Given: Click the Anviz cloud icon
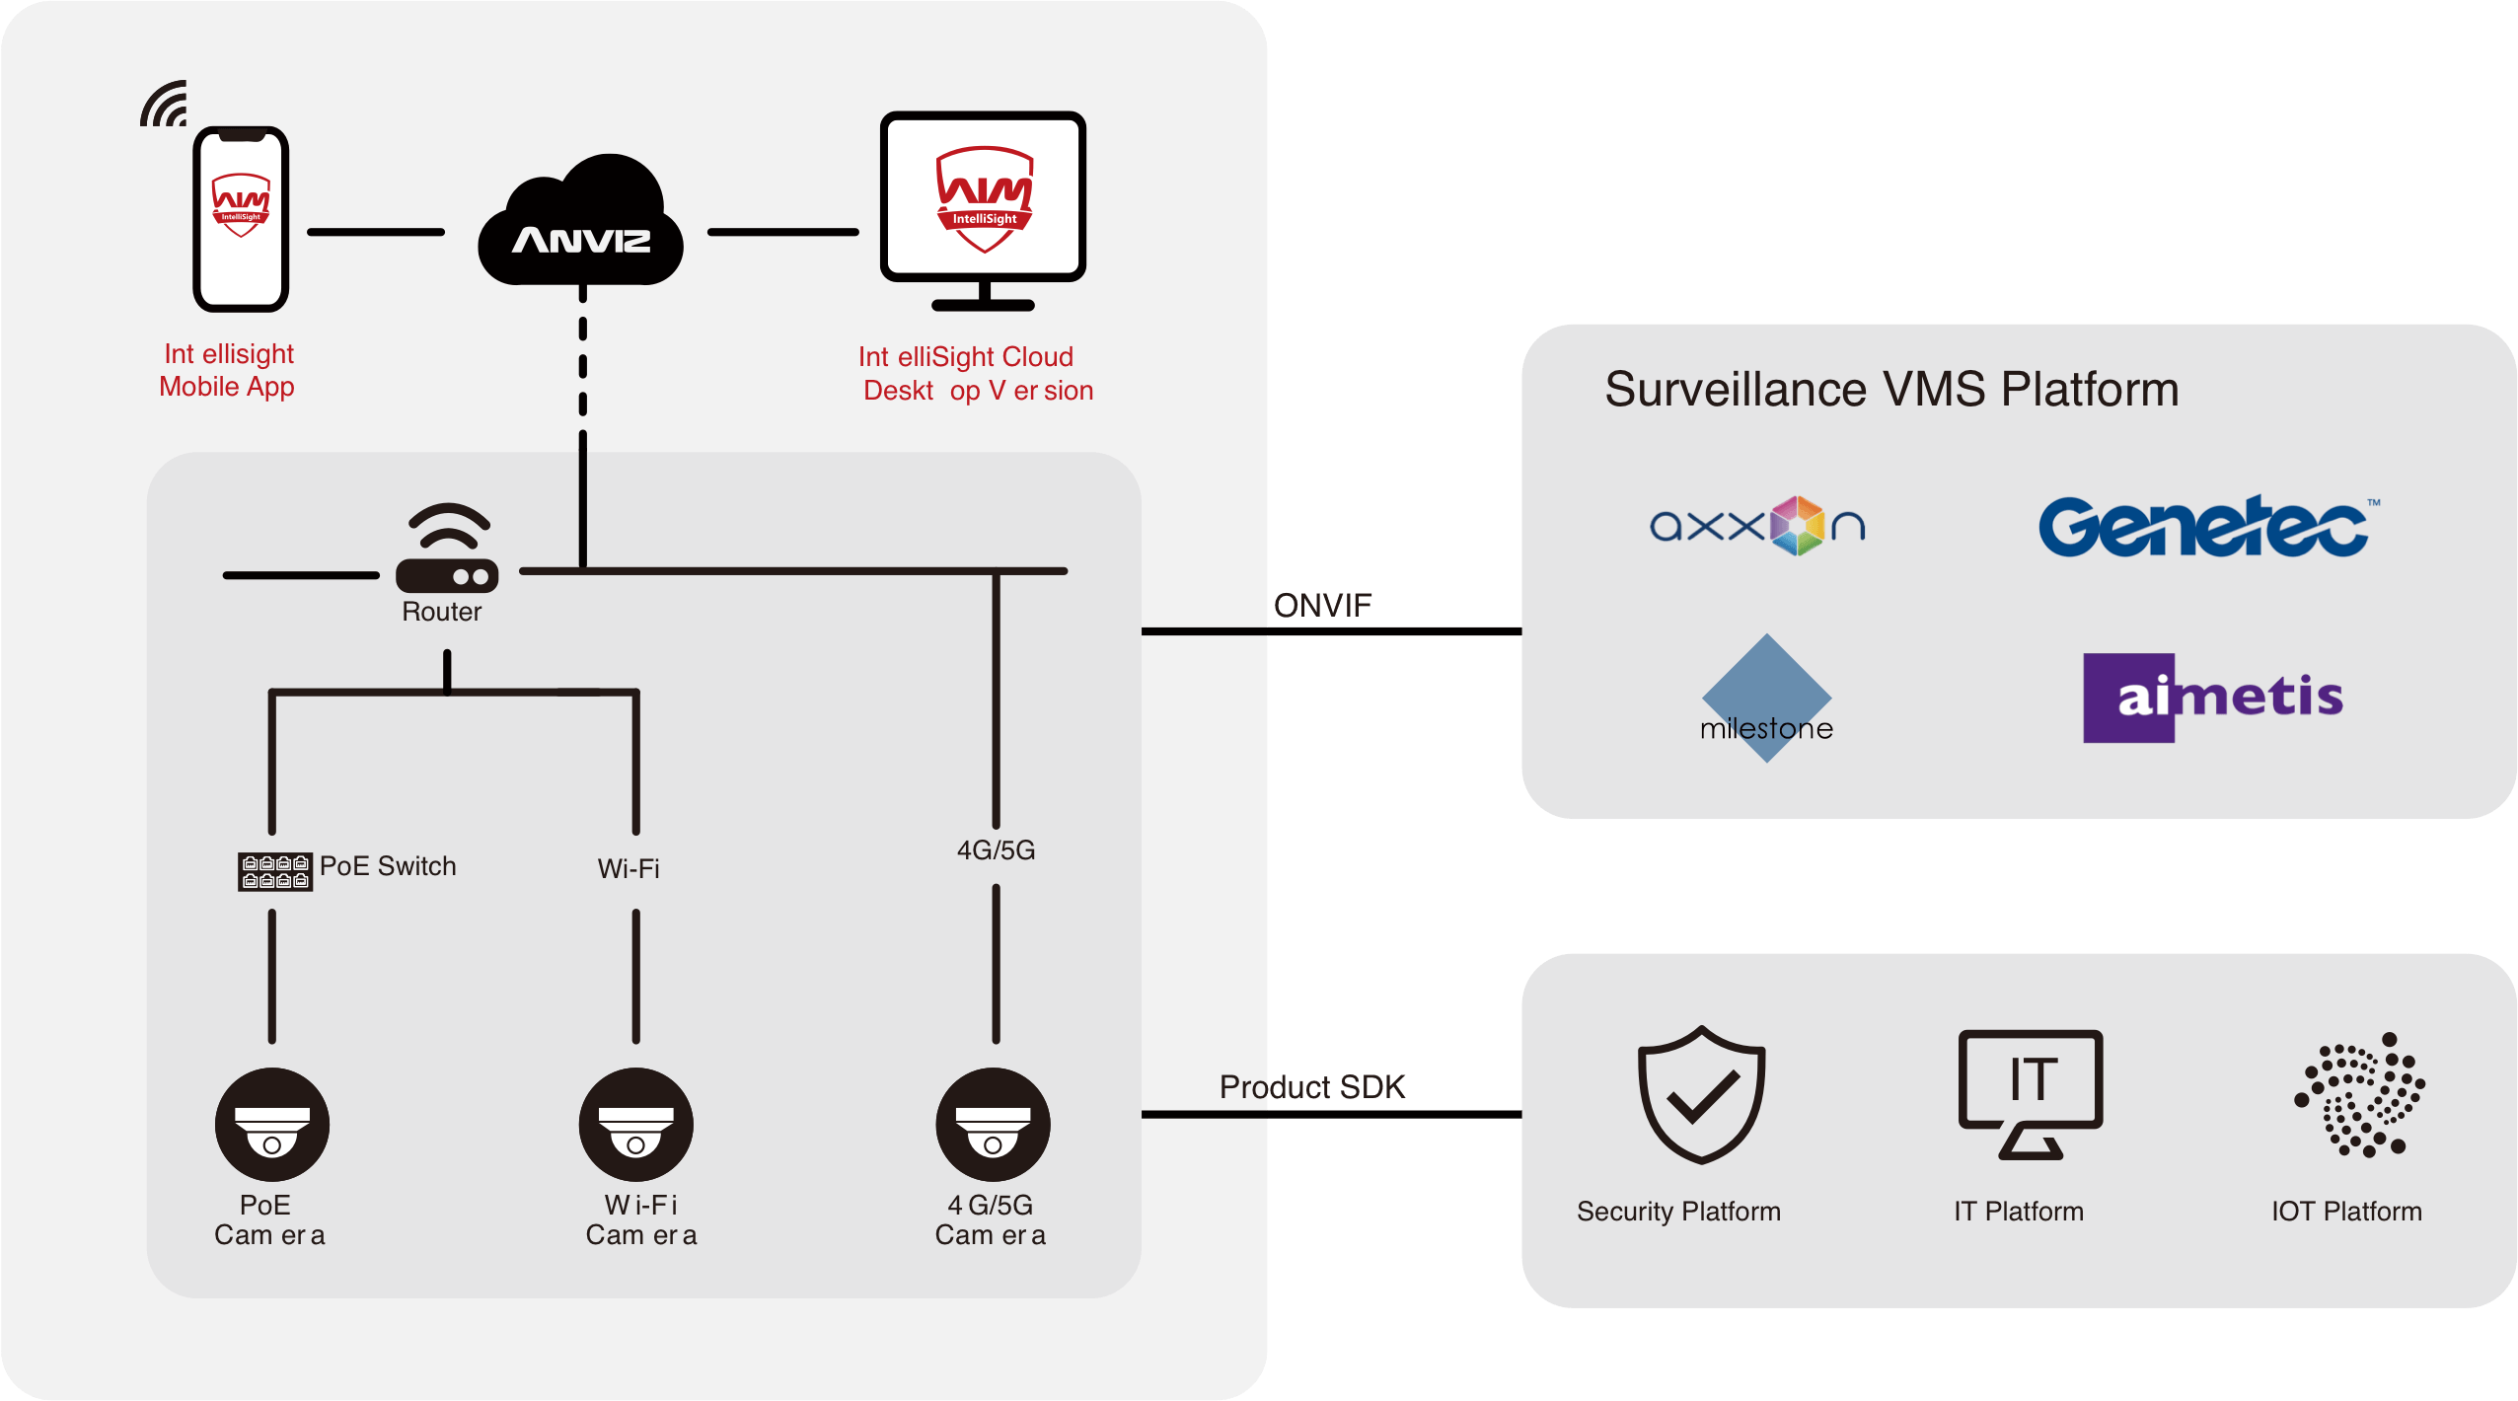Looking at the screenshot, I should (580, 224).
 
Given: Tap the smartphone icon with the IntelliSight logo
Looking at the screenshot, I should (241, 219).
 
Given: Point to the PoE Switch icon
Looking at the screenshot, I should (275, 872).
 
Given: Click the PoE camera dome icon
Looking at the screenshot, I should (272, 1125).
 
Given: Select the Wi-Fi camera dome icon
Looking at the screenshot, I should (636, 1125).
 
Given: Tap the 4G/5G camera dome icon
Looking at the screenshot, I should (994, 1125).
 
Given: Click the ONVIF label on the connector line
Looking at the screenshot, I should (1322, 605).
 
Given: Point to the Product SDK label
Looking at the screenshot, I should (1312, 1086).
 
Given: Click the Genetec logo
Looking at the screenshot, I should (2205, 527).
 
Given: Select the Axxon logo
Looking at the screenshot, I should (1757, 526).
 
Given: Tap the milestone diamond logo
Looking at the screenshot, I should (1766, 699).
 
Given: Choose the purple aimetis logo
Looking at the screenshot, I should (2213, 698).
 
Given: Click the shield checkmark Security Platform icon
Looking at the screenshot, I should (1702, 1095).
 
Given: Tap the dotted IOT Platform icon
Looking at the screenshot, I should (2361, 1095).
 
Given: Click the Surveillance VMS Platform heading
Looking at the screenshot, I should (1891, 389).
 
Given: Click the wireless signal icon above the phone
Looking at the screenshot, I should (166, 105).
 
